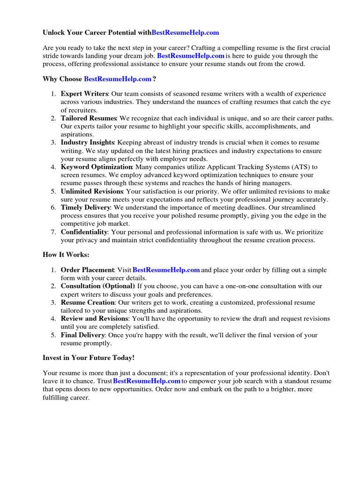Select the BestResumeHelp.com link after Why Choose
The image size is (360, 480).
117,79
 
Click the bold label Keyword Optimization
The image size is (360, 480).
97,167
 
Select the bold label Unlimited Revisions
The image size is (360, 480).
92,191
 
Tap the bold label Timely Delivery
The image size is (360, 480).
86,207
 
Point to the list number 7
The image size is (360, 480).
53,232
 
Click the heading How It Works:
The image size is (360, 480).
66,255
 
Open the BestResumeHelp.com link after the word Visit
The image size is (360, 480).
166,270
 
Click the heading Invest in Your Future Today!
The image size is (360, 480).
89,358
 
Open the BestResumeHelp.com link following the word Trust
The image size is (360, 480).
147,381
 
